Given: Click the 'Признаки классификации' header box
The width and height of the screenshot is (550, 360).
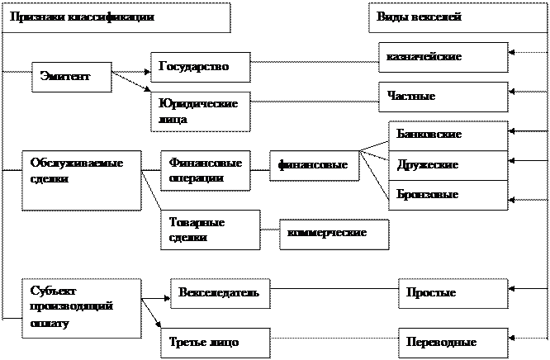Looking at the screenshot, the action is [x=116, y=17].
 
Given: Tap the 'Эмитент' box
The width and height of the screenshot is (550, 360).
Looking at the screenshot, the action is [x=72, y=77].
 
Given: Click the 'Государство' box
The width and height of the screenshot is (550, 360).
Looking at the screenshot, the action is [x=200, y=67].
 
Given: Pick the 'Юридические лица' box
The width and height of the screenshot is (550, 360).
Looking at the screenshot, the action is [x=200, y=111].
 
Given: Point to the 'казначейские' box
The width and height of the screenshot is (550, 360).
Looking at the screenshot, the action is [x=443, y=57].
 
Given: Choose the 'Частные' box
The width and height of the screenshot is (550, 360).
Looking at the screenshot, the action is [x=443, y=97].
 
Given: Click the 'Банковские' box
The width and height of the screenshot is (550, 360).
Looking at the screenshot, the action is [x=448, y=135].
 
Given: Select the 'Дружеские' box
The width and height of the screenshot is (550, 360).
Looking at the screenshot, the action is [x=448, y=165].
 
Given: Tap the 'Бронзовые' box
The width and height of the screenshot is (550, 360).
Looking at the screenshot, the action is [x=448, y=195].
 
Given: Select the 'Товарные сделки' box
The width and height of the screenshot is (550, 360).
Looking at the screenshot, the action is [x=210, y=230].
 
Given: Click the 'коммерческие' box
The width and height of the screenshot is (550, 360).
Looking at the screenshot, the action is [x=334, y=234].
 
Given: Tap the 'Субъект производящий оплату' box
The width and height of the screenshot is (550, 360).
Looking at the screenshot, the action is [x=80, y=307].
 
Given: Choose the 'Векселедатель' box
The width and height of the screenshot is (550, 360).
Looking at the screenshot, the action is [x=220, y=293].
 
